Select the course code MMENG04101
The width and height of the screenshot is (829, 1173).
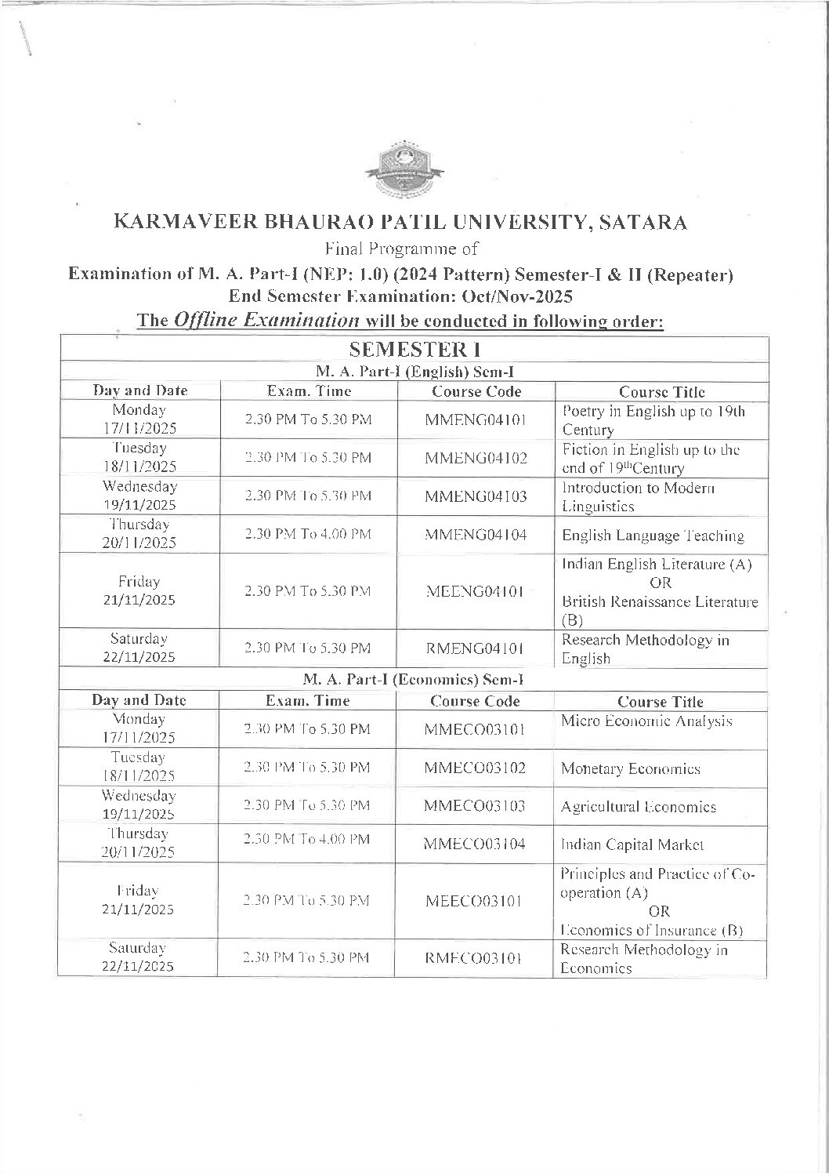click(x=476, y=419)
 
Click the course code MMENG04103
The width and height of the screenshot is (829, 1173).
click(x=476, y=496)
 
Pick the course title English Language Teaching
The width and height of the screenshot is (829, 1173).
click(x=653, y=536)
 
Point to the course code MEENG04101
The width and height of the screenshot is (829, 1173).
click(x=474, y=590)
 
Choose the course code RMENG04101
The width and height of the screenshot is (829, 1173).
click(x=476, y=648)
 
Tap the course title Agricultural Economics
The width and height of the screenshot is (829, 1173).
click(x=639, y=806)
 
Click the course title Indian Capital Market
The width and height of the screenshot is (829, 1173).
click(x=632, y=844)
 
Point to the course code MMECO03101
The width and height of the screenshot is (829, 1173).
click(x=474, y=729)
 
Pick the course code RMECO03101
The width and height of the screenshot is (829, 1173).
click(x=474, y=957)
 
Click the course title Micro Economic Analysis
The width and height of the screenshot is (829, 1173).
click(x=646, y=721)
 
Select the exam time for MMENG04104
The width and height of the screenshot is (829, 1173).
click(x=308, y=534)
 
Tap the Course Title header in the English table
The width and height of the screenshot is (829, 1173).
click(x=661, y=392)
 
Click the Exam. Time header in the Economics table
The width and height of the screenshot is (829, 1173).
click(x=308, y=701)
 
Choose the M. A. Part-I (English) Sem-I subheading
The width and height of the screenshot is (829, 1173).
click(x=413, y=372)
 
